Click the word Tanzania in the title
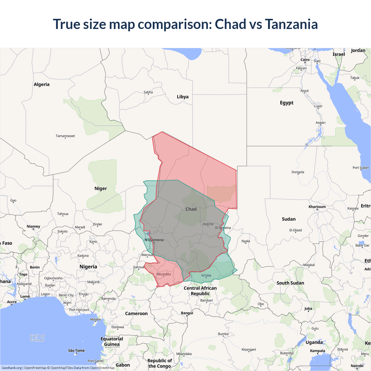point(291,24)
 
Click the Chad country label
point(191,209)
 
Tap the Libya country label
point(183,97)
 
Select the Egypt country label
point(287,103)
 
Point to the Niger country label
point(101,188)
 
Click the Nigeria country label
point(88,267)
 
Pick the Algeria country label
point(41,85)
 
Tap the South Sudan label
point(290,283)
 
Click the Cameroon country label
point(136,314)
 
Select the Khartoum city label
point(317,207)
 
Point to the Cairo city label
point(305,60)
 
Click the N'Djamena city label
point(154,240)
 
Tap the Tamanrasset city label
point(65,136)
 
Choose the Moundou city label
point(163,274)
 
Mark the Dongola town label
point(298,172)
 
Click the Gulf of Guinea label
point(37,338)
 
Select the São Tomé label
point(76,351)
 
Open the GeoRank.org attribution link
point(12,368)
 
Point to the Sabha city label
point(148,92)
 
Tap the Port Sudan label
point(361,168)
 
